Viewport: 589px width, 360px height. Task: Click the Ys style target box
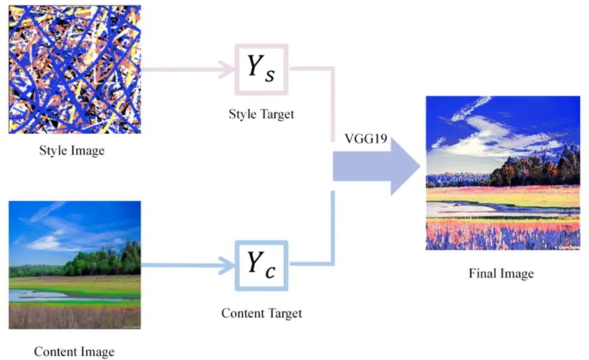[261, 70]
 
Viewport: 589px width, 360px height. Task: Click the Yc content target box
[261, 265]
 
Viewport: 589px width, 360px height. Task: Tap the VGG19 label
[365, 139]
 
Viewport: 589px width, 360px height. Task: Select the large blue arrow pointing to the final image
[376, 167]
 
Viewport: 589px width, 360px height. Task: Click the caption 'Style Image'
[71, 150]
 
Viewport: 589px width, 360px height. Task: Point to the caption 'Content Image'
[74, 352]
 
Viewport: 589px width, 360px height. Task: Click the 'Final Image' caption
[501, 273]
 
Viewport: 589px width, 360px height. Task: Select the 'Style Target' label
[261, 114]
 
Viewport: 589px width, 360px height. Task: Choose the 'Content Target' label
[261, 314]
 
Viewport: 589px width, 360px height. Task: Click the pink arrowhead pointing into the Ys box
[226, 69]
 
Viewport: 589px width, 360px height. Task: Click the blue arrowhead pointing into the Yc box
[226, 266]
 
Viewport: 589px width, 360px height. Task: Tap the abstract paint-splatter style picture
[75, 69]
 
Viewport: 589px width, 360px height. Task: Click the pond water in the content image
[33, 295]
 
